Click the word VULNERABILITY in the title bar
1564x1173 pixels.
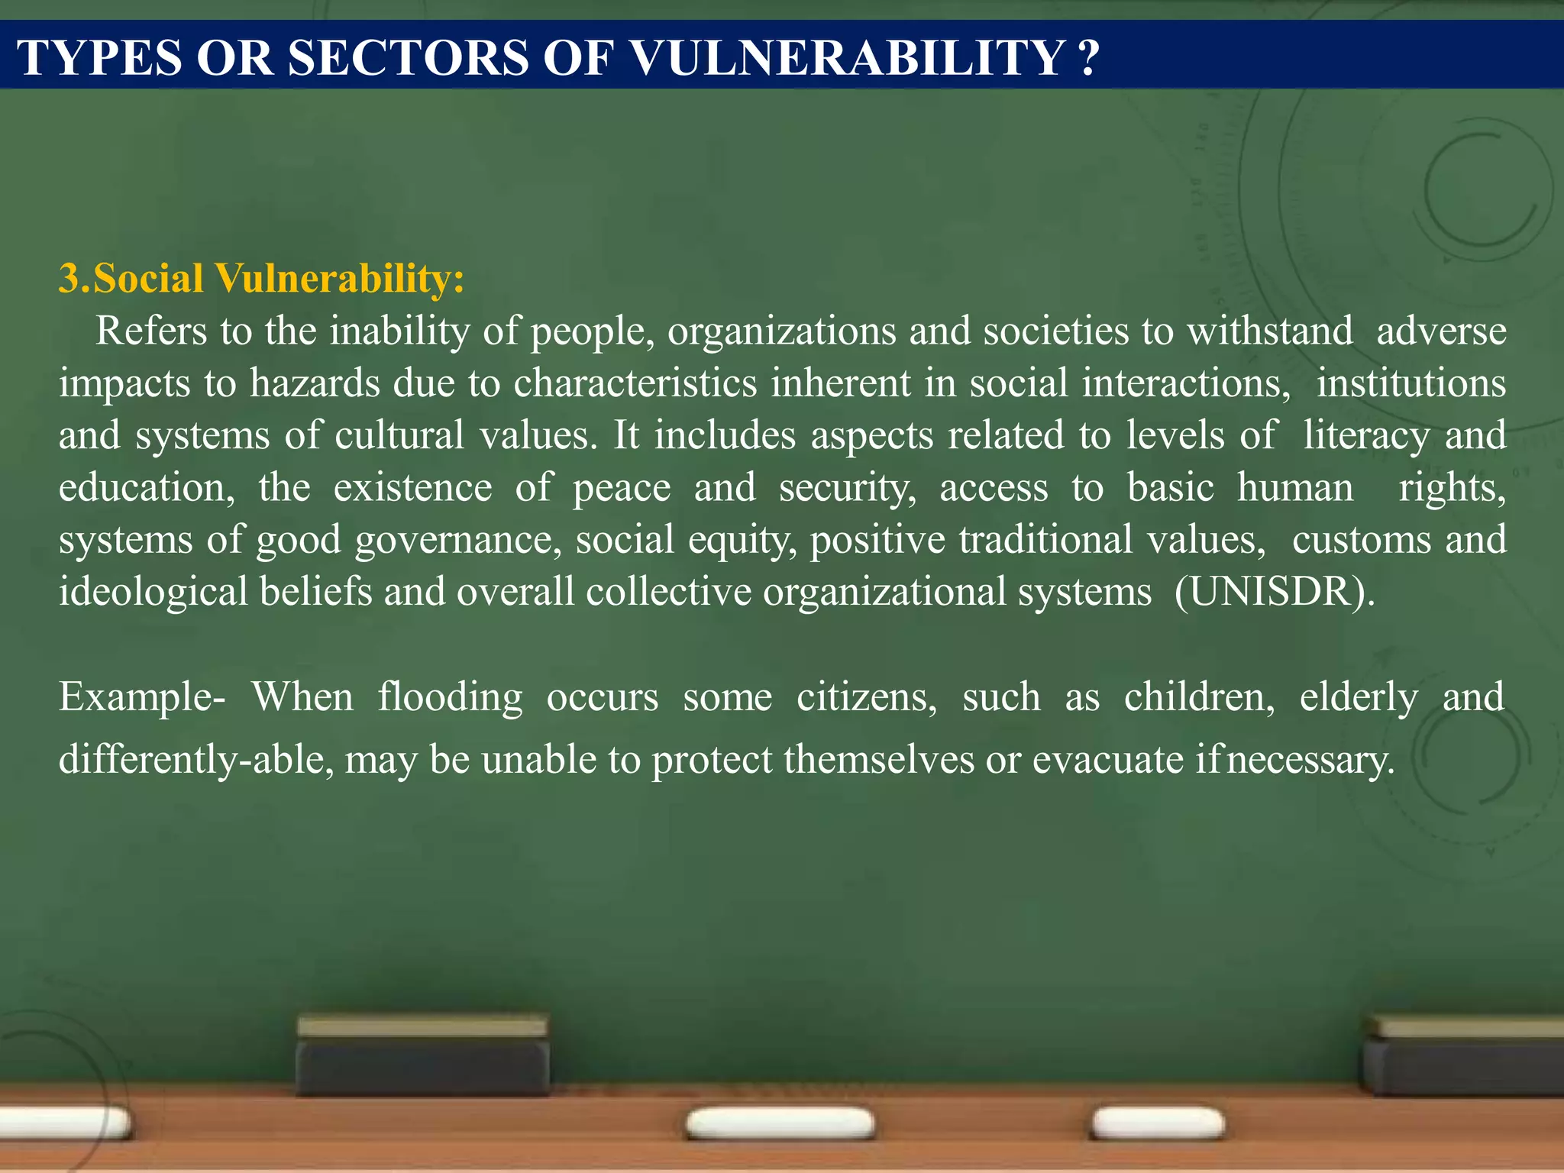coord(848,57)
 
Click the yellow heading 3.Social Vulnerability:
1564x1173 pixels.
coord(261,278)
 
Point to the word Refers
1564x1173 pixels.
coord(151,331)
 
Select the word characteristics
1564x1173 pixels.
coord(635,383)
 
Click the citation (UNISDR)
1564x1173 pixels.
coord(1275,592)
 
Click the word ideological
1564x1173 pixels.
coord(153,593)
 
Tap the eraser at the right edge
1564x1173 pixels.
coord(1464,1058)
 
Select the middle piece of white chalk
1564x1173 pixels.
coord(780,1123)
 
